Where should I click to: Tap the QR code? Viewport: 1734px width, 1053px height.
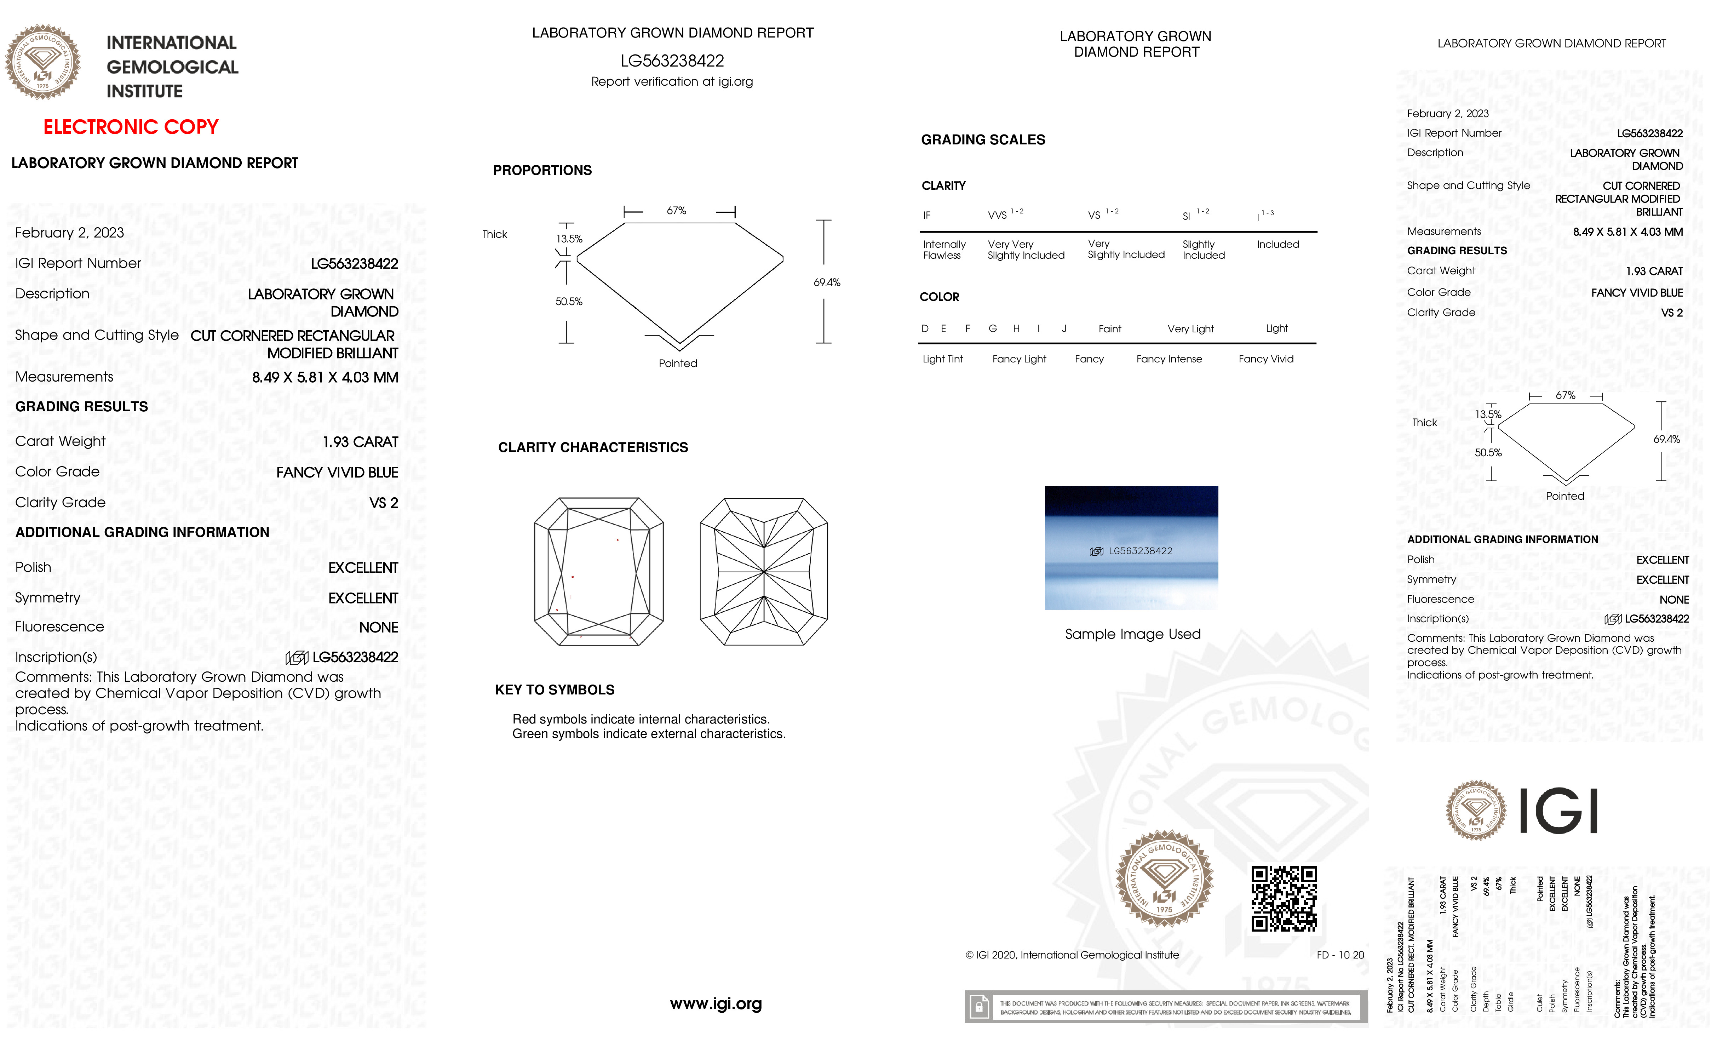[x=1284, y=898]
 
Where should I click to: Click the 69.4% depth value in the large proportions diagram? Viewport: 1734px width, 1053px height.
[x=827, y=282]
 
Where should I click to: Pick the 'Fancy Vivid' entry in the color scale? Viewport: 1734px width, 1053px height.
[x=1265, y=359]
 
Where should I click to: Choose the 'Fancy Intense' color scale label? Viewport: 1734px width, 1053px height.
[x=1169, y=359]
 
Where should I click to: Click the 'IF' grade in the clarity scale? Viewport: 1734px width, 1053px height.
[x=927, y=216]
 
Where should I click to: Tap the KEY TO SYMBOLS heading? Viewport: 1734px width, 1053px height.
[x=555, y=690]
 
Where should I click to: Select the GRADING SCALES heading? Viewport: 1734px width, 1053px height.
[x=982, y=139]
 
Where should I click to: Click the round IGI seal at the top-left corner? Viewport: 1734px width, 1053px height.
[x=43, y=62]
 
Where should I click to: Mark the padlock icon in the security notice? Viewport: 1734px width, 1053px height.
[x=978, y=1007]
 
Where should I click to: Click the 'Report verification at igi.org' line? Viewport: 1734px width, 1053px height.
[x=671, y=82]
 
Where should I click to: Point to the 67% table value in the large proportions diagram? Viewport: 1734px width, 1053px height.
[x=676, y=211]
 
